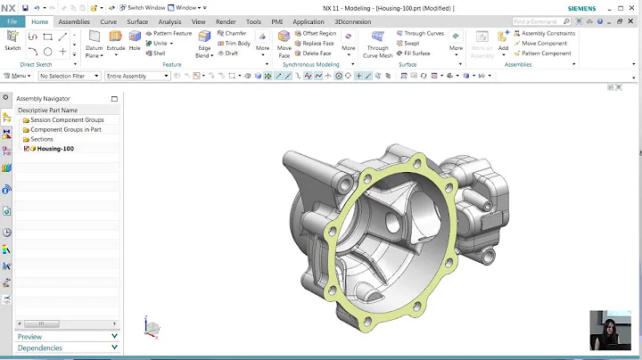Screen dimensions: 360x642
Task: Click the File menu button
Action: [12, 21]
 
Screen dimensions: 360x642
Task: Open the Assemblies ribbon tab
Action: [74, 21]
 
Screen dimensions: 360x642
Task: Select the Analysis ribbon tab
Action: [169, 21]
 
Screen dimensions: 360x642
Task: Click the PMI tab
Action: [278, 21]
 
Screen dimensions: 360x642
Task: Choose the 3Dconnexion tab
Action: [351, 21]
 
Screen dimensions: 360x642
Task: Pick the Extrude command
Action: [116, 39]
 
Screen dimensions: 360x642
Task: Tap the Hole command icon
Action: [135, 39]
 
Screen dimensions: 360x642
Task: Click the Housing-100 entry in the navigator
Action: [55, 149]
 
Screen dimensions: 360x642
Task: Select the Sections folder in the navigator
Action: [41, 139]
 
